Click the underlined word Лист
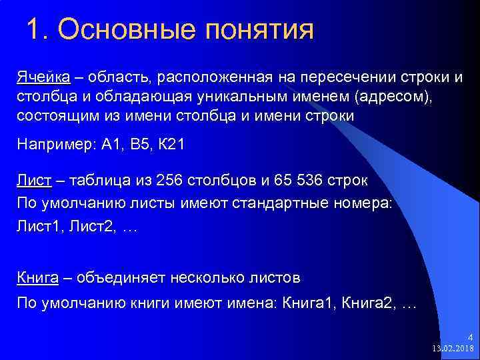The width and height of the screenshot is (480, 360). click(x=33, y=181)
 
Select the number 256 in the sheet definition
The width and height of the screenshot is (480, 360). click(x=169, y=181)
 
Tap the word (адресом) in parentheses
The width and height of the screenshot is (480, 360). click(x=393, y=97)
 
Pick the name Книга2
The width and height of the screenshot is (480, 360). click(x=367, y=304)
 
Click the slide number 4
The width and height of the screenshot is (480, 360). click(x=469, y=337)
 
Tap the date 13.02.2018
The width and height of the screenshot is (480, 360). click(x=453, y=349)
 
